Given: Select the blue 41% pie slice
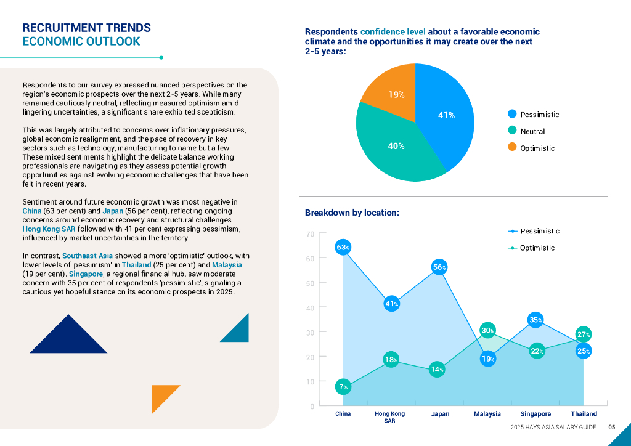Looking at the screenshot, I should [447, 115].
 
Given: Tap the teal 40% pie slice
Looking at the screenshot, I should [396, 147].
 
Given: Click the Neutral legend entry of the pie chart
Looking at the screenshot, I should [532, 131].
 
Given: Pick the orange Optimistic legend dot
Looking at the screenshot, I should [512, 148].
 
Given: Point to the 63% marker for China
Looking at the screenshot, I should [343, 248].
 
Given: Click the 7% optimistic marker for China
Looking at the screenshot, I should [343, 387].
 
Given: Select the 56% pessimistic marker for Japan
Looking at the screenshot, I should [439, 267].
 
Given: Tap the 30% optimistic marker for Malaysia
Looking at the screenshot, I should [488, 331].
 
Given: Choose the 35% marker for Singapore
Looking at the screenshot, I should [535, 320].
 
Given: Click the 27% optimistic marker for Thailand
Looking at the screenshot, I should [584, 334].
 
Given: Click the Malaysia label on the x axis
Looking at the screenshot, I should [487, 414].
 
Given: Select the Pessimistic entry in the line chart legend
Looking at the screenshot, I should [539, 231].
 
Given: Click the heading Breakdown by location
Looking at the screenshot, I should [352, 213].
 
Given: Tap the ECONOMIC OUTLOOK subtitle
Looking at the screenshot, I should [81, 42].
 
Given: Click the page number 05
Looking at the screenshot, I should [611, 427].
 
